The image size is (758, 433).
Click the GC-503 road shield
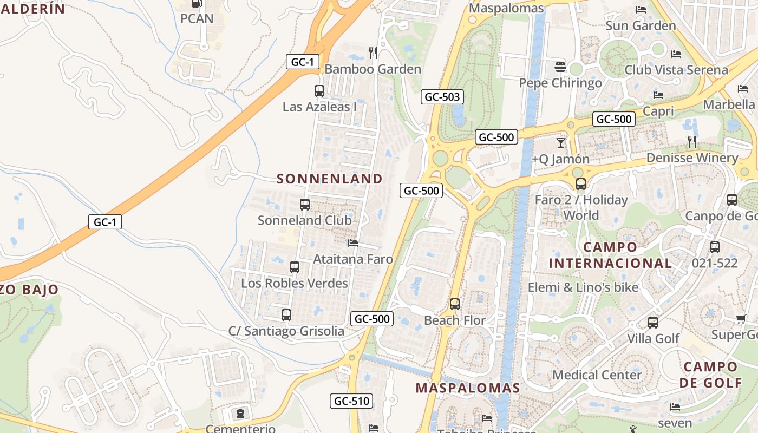442,97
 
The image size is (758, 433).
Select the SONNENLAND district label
330,179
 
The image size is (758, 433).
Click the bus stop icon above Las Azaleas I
319,91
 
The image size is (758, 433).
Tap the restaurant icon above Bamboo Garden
373,53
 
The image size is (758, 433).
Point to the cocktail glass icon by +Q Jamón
560,143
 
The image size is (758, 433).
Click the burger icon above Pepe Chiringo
560,67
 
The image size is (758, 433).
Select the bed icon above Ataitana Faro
353,243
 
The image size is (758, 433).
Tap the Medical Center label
597,375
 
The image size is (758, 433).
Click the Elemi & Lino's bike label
583,287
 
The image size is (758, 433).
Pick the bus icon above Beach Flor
455,304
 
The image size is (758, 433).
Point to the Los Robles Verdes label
295,283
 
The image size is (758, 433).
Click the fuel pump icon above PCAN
197,3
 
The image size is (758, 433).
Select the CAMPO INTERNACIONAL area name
610,255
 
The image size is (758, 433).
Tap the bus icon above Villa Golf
653,323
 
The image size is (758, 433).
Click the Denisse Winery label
692,158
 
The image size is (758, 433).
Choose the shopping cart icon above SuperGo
741,319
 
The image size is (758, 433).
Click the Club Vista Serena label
676,70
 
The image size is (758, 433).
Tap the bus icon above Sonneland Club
305,205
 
